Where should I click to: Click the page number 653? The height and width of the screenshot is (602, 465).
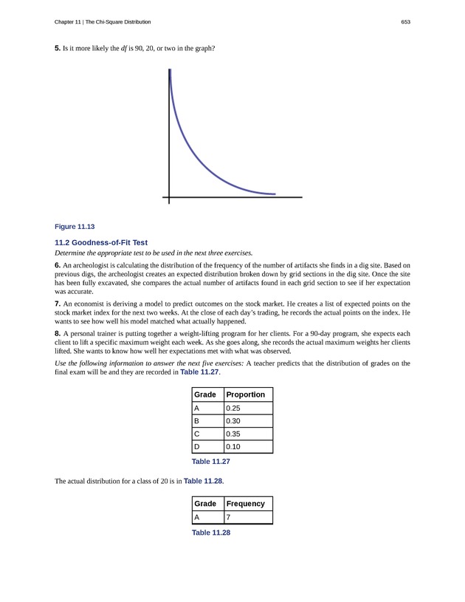[x=405, y=22]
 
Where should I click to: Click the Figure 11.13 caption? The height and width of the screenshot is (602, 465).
[x=75, y=226]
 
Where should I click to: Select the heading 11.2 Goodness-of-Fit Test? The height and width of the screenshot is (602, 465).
[x=101, y=242]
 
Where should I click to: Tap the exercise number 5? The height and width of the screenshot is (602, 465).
[x=58, y=49]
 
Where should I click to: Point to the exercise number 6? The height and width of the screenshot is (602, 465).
[x=58, y=264]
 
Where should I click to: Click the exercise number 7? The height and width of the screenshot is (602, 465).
[x=58, y=304]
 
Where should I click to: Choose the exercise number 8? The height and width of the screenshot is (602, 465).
[x=58, y=334]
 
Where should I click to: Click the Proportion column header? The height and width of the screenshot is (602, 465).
[x=245, y=394]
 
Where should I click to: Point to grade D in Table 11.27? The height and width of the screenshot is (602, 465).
[x=197, y=448]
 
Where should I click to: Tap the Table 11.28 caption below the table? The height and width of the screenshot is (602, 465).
[x=211, y=533]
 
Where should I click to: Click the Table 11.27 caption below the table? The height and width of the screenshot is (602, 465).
[x=211, y=462]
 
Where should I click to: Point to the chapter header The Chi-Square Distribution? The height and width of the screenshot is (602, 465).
[x=125, y=22]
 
